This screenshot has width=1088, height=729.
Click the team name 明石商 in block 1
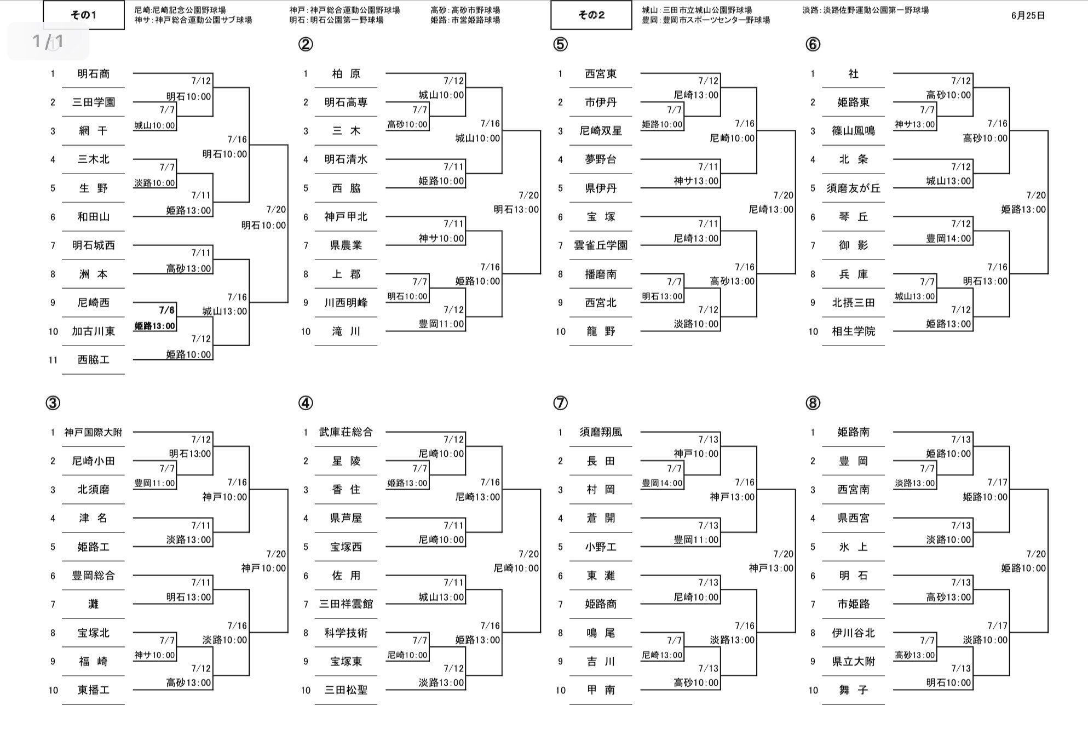point(93,74)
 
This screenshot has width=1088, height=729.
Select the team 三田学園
point(93,102)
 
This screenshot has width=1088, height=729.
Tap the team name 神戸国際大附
point(93,433)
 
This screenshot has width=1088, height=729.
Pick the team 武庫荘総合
point(346,433)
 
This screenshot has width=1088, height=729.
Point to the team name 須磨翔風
point(601,433)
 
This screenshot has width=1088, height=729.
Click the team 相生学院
point(853,331)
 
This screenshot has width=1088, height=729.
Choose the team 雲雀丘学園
point(601,245)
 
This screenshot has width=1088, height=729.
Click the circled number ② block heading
point(306,44)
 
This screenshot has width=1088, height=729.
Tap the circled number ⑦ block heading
point(560,403)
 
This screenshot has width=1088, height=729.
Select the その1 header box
point(84,15)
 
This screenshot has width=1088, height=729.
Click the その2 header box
point(591,15)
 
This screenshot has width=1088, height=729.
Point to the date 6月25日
point(1028,16)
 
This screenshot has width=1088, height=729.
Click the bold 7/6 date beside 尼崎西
point(167,311)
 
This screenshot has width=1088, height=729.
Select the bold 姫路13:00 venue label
point(155,326)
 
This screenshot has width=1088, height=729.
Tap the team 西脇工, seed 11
point(93,360)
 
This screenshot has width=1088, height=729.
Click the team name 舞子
point(853,690)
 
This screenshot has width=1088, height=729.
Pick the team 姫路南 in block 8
point(853,433)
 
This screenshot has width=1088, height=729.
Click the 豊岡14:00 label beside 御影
point(948,239)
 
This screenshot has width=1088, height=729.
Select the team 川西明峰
point(346,303)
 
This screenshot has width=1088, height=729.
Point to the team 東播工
point(93,690)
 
